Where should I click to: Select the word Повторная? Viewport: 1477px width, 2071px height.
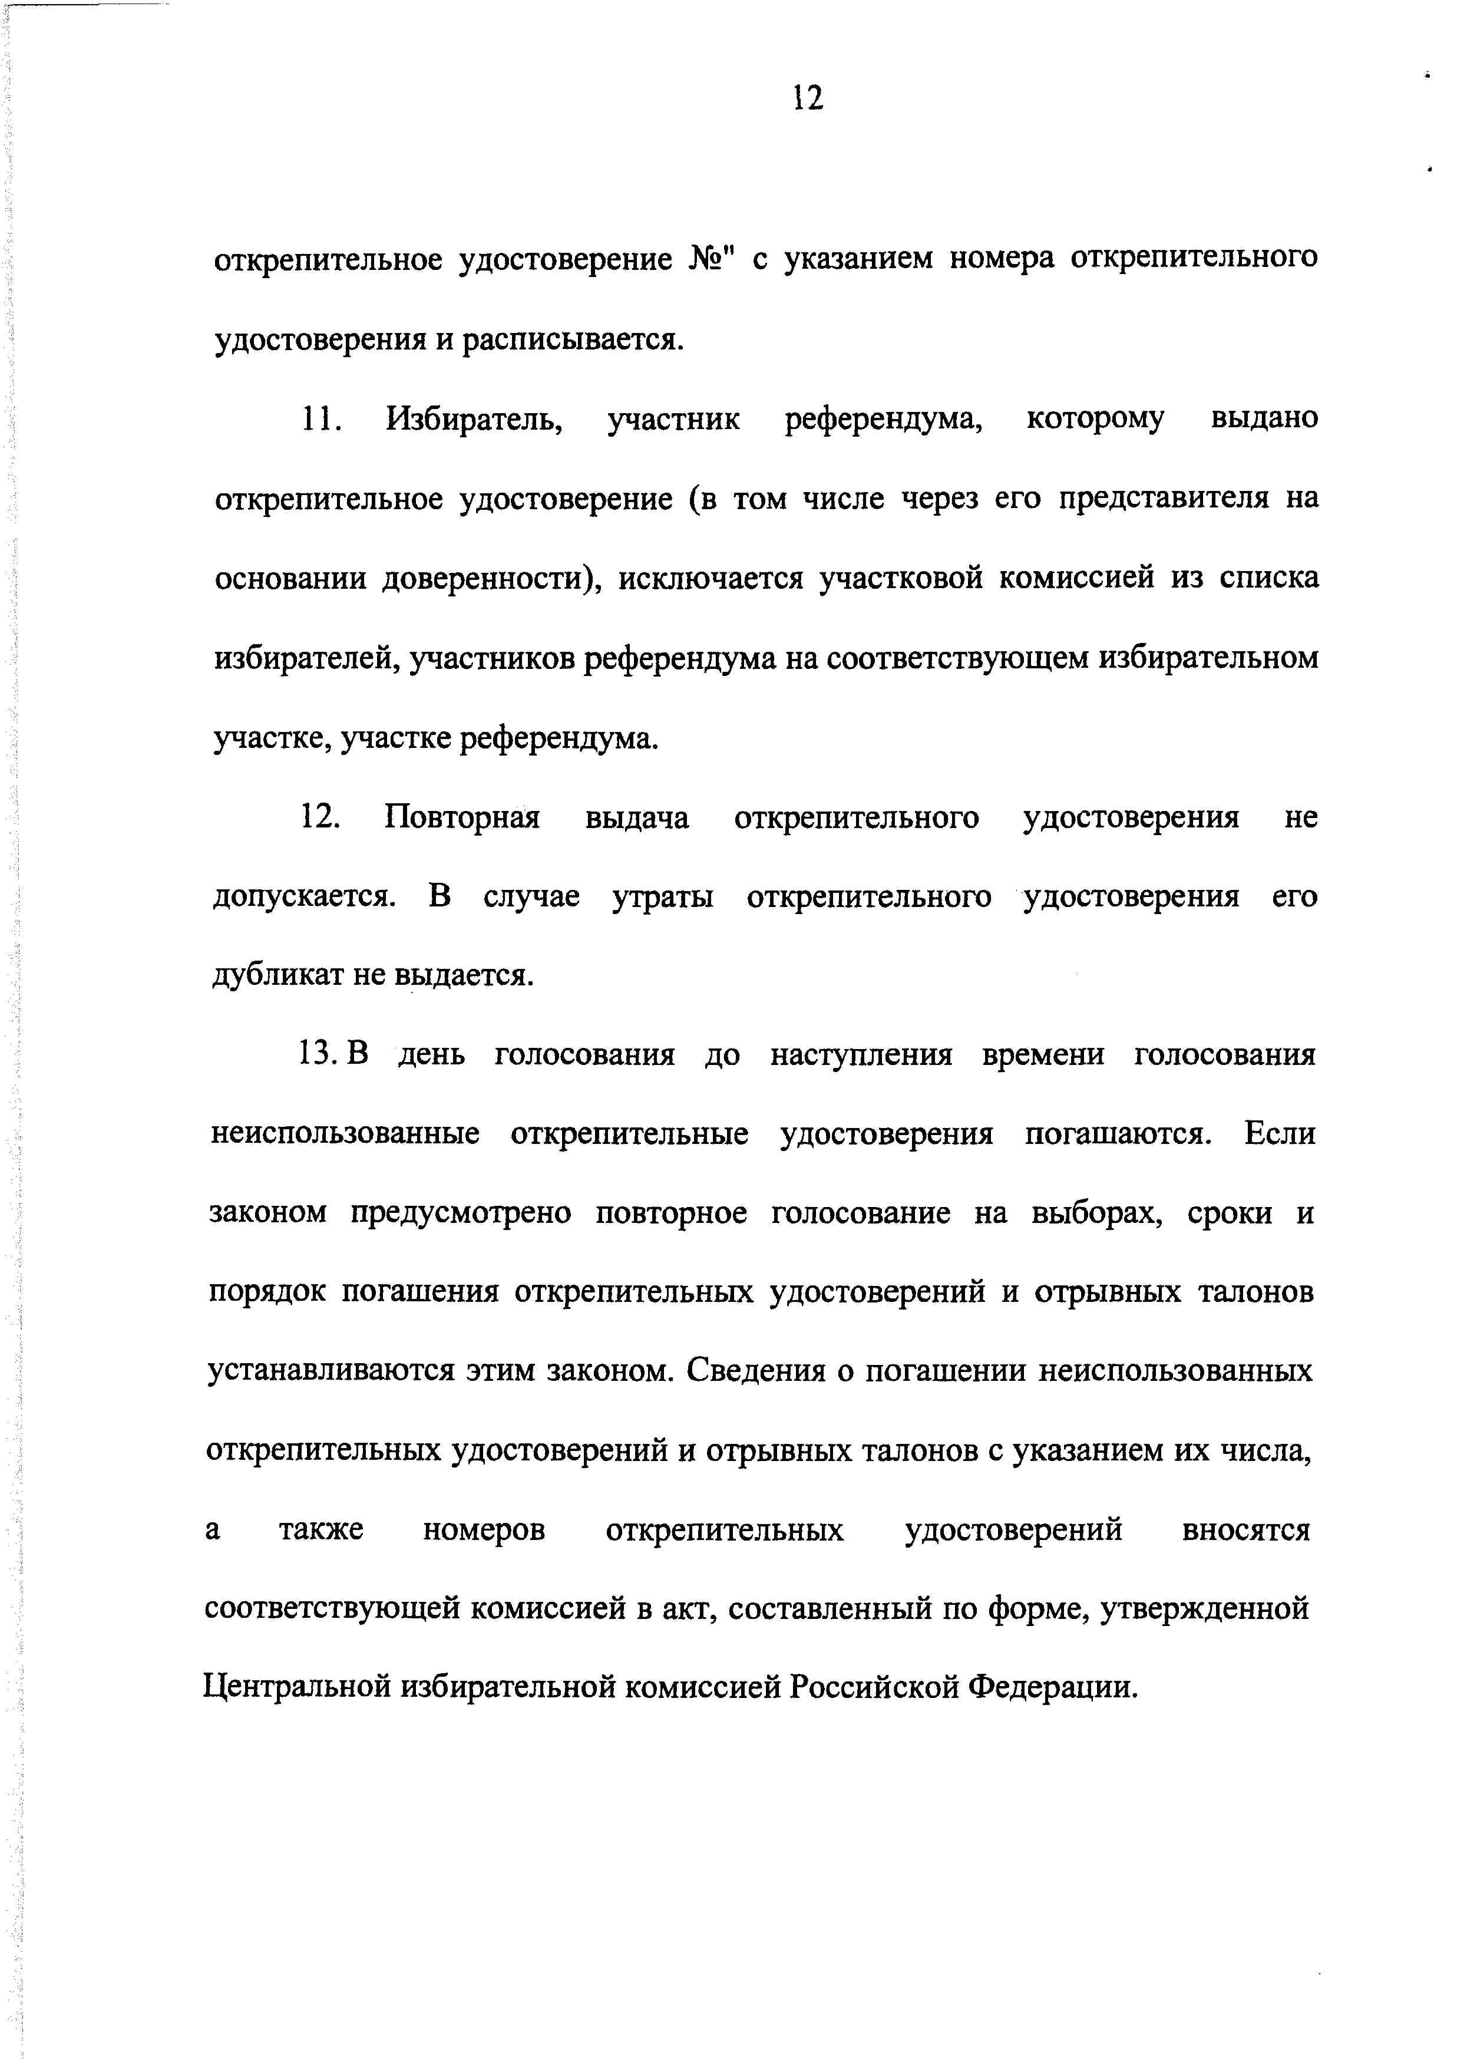(462, 817)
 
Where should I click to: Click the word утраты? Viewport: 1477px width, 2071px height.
(662, 898)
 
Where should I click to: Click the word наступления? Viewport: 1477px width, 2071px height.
(860, 1055)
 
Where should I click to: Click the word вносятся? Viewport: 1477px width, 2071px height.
(1245, 1530)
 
